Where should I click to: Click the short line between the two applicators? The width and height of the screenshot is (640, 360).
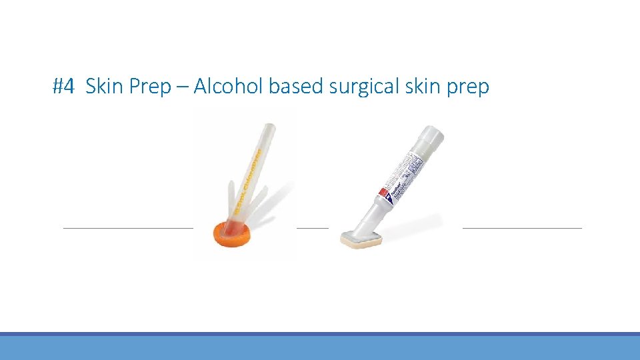pyautogui.click(x=312, y=227)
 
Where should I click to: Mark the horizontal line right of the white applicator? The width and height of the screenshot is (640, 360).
pyautogui.click(x=522, y=227)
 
